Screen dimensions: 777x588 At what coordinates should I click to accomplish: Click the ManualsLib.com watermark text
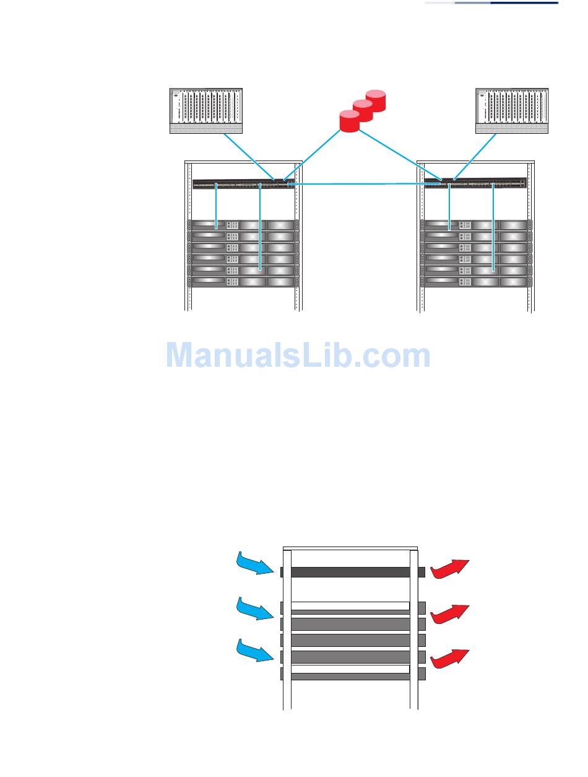[298, 356]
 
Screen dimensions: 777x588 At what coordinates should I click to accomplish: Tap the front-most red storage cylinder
[350, 120]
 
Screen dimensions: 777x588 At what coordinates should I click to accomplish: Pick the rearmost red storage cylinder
[376, 100]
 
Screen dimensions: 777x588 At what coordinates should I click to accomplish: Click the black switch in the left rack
[244, 184]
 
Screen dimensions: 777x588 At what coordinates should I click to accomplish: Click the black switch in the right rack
[475, 183]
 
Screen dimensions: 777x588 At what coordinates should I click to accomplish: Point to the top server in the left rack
[243, 225]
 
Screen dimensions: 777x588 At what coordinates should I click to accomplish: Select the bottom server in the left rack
[243, 281]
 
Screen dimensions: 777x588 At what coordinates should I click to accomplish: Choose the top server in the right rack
[475, 225]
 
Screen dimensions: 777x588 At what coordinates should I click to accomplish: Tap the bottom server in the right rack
[475, 281]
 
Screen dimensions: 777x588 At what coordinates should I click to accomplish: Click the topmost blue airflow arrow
[255, 563]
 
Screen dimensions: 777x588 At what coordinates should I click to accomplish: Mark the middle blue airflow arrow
[255, 608]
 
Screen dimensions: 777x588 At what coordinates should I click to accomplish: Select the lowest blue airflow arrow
[255, 651]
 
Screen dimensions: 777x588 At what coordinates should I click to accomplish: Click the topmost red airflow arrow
[450, 568]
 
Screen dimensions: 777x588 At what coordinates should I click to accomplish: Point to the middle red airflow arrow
[450, 613]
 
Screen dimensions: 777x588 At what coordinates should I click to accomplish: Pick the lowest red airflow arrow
[450, 659]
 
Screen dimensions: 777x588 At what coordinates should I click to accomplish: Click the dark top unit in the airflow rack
[350, 572]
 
